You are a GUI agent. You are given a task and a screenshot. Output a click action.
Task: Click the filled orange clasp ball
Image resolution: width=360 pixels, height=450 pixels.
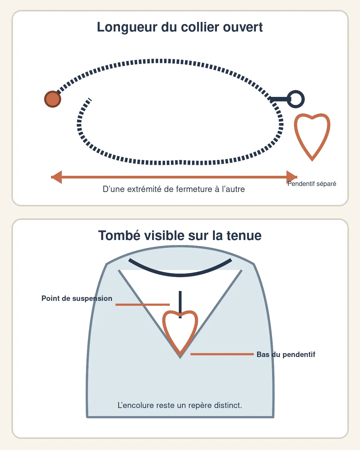click(x=53, y=99)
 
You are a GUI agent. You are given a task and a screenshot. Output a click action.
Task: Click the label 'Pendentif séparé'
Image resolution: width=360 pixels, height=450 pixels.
click(x=312, y=184)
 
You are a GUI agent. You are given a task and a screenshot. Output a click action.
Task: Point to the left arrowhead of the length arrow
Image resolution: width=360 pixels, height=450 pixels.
click(x=56, y=177)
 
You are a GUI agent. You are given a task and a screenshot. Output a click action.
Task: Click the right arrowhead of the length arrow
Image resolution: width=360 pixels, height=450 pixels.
click(x=292, y=177)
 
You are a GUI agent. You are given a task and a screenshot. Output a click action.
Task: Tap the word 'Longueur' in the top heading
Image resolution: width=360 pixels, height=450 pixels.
click(x=127, y=27)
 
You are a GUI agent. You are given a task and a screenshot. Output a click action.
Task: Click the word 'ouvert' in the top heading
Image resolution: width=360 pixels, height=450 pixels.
click(x=243, y=27)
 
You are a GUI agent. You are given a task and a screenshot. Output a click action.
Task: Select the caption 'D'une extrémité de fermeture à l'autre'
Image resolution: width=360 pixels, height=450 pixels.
click(x=174, y=189)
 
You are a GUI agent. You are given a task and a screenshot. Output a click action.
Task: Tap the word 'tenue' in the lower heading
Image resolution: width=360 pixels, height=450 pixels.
click(x=244, y=236)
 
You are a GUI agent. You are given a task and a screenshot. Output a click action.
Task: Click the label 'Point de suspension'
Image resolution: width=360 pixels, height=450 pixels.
click(x=77, y=298)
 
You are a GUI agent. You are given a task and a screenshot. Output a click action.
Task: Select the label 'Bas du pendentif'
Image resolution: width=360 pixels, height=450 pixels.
click(x=286, y=354)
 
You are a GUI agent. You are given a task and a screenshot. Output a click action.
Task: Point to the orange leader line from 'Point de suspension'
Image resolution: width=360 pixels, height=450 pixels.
click(x=143, y=305)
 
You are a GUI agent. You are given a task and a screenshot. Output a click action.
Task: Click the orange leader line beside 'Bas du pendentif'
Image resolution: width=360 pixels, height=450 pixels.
click(x=222, y=354)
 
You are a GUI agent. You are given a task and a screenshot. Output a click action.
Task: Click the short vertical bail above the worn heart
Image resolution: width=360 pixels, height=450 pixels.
click(x=180, y=304)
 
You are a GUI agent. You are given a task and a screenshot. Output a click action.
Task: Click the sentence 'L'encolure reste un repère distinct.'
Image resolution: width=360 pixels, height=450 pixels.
click(x=180, y=405)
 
